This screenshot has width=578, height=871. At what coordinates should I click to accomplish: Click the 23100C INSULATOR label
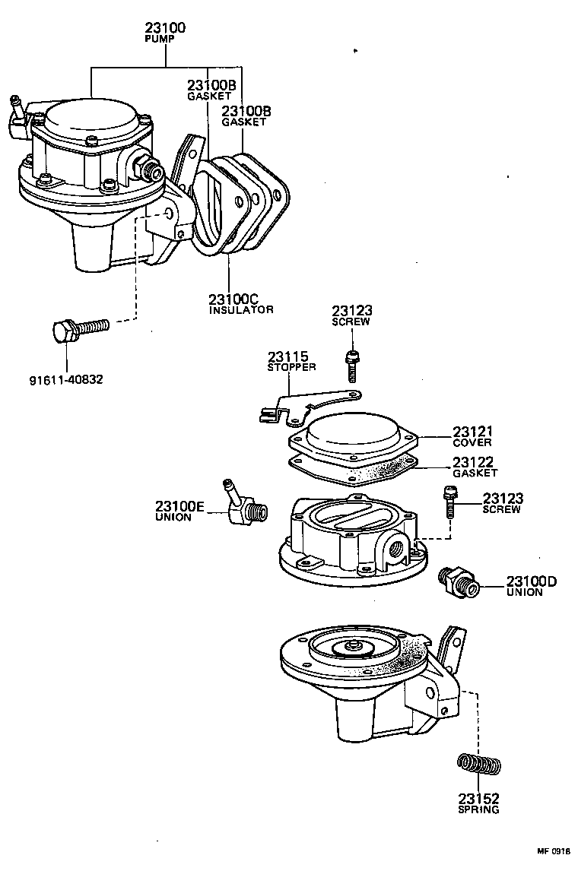pos(240,304)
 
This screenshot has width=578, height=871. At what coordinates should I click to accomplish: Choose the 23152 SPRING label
pos(478,803)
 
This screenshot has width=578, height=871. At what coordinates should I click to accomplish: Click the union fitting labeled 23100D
pos(459,582)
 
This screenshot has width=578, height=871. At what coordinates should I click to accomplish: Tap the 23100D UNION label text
pos(532,586)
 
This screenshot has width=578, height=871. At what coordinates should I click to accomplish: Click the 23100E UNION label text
pos(180,511)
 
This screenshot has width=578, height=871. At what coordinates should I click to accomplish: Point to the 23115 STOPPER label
pos(291,361)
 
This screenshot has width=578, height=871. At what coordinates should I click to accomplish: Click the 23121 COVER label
pos(473,436)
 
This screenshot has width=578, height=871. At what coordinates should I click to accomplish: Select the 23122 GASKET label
pos(473,467)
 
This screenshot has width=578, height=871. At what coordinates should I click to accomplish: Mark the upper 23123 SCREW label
pos(351,315)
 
